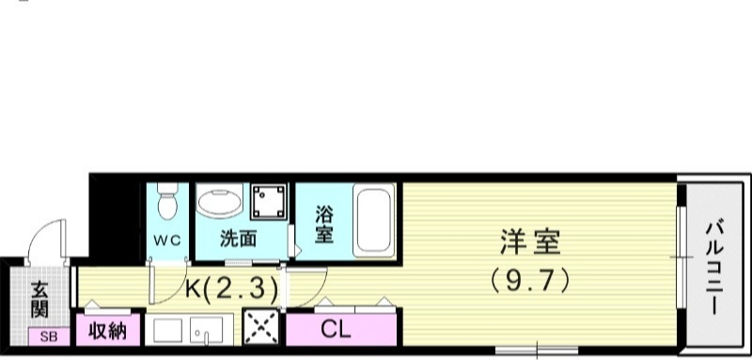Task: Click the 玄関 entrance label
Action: click(x=39, y=298)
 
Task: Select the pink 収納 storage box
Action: click(x=109, y=331)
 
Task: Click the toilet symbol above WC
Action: click(x=168, y=206)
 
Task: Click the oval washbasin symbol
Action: click(x=222, y=202)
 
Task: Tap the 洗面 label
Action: click(x=238, y=239)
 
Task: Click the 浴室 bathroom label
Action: click(x=322, y=224)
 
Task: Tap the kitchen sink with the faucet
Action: click(x=205, y=331)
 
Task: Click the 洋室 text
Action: click(x=530, y=243)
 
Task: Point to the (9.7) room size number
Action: click(x=530, y=280)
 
